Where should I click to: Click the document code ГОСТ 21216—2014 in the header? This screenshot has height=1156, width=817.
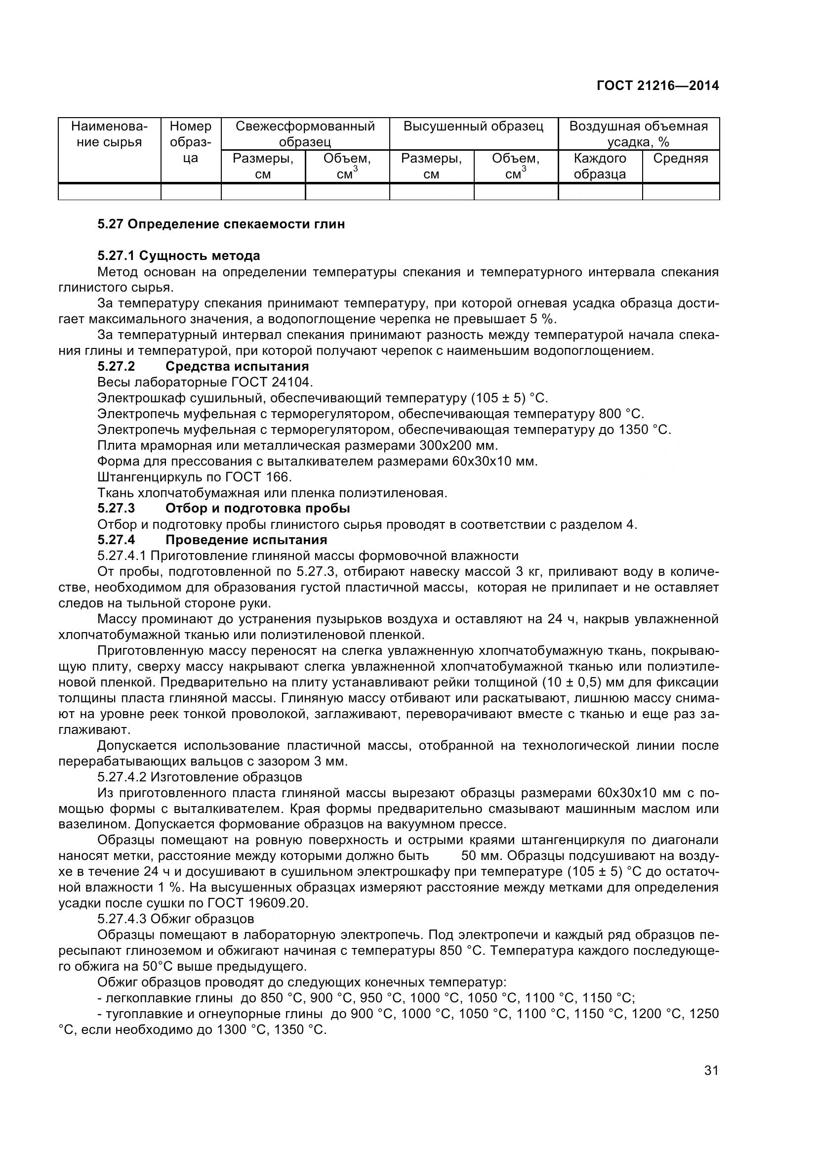(657, 86)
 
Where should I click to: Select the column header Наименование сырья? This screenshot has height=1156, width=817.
(109, 134)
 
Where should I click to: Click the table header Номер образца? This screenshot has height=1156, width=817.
(191, 141)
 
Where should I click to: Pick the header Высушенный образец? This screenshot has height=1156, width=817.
(473, 126)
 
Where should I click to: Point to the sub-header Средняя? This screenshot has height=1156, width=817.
(680, 158)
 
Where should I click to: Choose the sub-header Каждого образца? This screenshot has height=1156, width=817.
(600, 166)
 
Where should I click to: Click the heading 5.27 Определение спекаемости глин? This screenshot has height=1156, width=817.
(221, 224)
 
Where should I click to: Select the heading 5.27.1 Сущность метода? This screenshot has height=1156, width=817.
(179, 256)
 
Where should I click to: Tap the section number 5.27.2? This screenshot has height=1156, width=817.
(117, 366)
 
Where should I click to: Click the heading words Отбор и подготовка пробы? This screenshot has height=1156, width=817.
(257, 508)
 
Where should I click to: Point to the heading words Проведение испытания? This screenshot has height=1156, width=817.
(246, 540)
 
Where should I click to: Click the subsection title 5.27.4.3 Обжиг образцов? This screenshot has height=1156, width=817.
(175, 919)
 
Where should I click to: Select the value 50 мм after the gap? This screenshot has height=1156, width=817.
(478, 856)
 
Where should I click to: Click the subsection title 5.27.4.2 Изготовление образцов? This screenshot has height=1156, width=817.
(200, 776)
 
